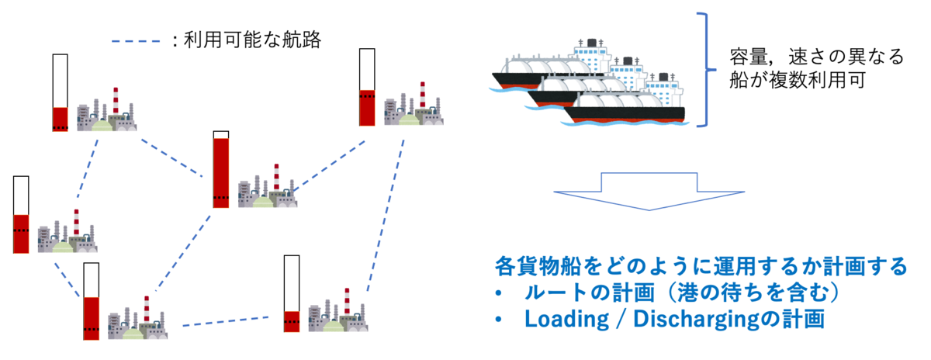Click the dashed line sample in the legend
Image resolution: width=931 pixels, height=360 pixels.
136,41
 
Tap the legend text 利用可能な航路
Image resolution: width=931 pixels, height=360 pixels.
252,40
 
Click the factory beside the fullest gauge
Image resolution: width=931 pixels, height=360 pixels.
268,185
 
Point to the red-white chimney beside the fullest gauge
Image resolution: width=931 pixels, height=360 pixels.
276,177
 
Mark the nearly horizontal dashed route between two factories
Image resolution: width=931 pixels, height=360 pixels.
226,321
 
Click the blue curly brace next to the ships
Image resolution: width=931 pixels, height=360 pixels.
706,69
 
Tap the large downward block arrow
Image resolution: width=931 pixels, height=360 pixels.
649,191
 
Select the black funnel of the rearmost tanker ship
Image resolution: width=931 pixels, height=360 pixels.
591,43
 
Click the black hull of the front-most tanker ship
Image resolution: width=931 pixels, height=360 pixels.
625,113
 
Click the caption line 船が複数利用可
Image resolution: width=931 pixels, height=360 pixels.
798,80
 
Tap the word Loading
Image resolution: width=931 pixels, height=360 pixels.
566,319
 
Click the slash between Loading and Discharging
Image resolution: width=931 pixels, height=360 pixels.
621,319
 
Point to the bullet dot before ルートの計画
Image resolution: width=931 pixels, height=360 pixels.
499,293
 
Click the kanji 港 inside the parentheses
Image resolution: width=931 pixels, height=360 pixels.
688,292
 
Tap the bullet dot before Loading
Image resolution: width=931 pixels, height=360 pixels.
499,320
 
